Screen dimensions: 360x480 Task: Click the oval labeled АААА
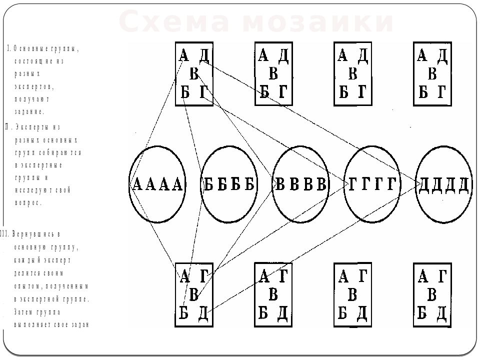156,185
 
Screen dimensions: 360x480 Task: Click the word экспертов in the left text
33,86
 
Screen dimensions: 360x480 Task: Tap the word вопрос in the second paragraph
28,202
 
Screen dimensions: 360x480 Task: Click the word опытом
28,286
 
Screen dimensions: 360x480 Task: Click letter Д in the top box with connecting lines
204,55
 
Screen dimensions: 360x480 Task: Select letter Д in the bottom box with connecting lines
203,313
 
